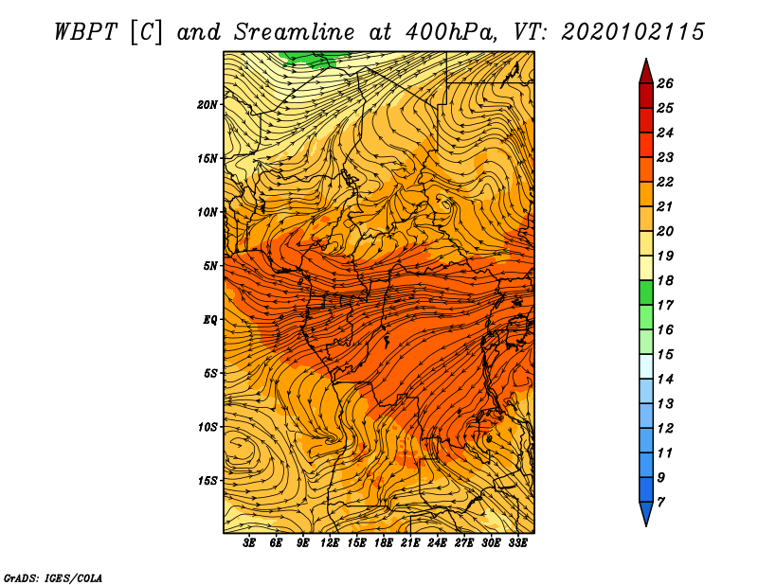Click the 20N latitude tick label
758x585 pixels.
click(207, 105)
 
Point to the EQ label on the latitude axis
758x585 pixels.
click(210, 320)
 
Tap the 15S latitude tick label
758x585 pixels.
click(207, 481)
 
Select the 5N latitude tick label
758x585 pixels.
click(209, 266)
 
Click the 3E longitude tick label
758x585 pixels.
click(248, 543)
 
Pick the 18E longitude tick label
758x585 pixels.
click(383, 543)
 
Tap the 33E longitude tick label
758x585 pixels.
click(517, 543)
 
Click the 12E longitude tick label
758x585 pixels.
click(329, 543)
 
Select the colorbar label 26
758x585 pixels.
click(665, 83)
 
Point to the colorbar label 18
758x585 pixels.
click(665, 280)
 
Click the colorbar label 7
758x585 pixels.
click(660, 503)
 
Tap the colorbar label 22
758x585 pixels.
click(665, 182)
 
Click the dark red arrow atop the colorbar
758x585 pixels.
click(646, 72)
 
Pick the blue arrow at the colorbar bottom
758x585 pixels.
click(646, 513)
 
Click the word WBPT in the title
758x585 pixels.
click(85, 32)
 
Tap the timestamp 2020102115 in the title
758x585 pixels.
click(633, 32)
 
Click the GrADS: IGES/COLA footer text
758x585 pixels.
click(53, 577)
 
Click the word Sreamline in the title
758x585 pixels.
click(294, 32)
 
